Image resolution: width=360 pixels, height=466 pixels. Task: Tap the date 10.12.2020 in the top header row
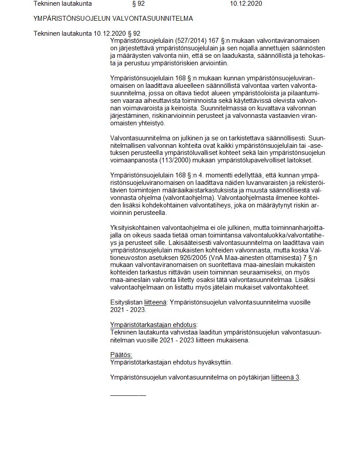point(246,4)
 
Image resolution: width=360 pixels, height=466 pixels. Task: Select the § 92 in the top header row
point(139,4)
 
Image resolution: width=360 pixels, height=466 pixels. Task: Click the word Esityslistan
point(126,302)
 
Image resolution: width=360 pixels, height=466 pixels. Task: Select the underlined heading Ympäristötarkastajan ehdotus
point(153,325)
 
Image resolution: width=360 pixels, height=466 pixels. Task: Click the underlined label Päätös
point(121,355)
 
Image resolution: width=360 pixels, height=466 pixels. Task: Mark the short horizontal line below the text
point(128,394)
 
